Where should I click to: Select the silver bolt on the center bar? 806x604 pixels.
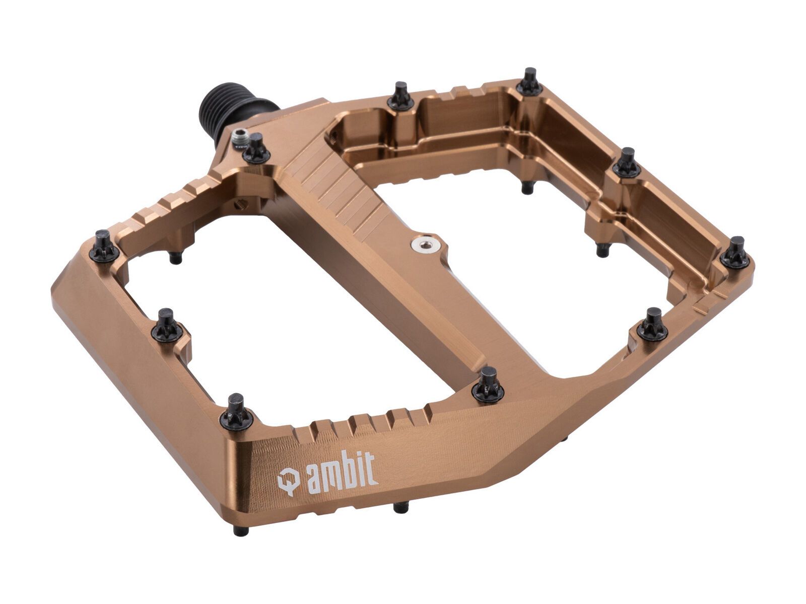(x=422, y=245)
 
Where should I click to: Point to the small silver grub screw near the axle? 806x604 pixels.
(x=240, y=135)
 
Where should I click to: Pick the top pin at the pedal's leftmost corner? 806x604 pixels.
(x=104, y=247)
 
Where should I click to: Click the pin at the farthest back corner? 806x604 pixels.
(x=529, y=83)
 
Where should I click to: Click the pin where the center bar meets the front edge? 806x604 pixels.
(x=488, y=385)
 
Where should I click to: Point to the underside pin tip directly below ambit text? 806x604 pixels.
(x=400, y=507)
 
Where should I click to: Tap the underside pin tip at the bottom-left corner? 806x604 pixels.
(x=241, y=531)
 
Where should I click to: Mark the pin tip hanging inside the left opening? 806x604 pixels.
(x=175, y=258)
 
